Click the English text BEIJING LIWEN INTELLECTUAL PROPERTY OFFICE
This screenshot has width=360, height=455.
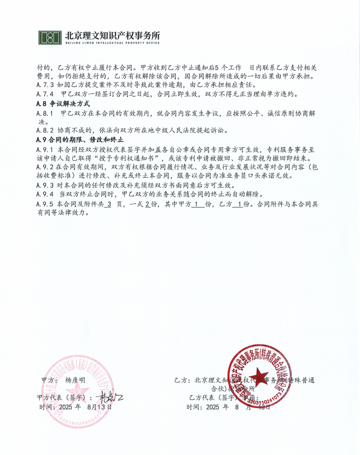coord(113,43)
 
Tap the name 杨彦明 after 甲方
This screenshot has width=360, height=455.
coord(76,379)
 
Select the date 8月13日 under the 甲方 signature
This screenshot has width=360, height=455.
coord(98,407)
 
